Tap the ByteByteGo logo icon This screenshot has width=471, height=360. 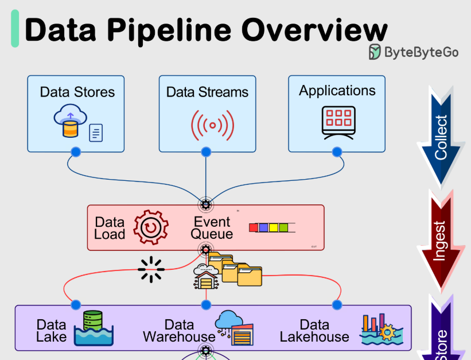point(375,52)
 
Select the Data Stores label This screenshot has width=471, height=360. point(77,92)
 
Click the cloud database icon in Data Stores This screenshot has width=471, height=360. point(69,123)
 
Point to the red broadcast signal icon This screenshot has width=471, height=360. point(213,125)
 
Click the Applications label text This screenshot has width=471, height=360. point(337,91)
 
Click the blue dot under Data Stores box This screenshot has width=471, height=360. point(75,152)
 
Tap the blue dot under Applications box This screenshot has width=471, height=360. point(337,152)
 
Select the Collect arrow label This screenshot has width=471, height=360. point(441,137)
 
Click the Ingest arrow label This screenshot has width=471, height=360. point(439,241)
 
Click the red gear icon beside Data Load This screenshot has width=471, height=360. point(151,227)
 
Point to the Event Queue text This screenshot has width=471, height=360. point(212,228)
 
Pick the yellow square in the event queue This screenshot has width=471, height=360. point(274,228)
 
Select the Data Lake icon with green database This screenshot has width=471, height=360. point(95,328)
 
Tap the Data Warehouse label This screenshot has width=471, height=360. point(179,331)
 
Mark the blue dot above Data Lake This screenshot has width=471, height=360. point(75,304)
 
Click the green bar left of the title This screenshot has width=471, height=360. point(15,29)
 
